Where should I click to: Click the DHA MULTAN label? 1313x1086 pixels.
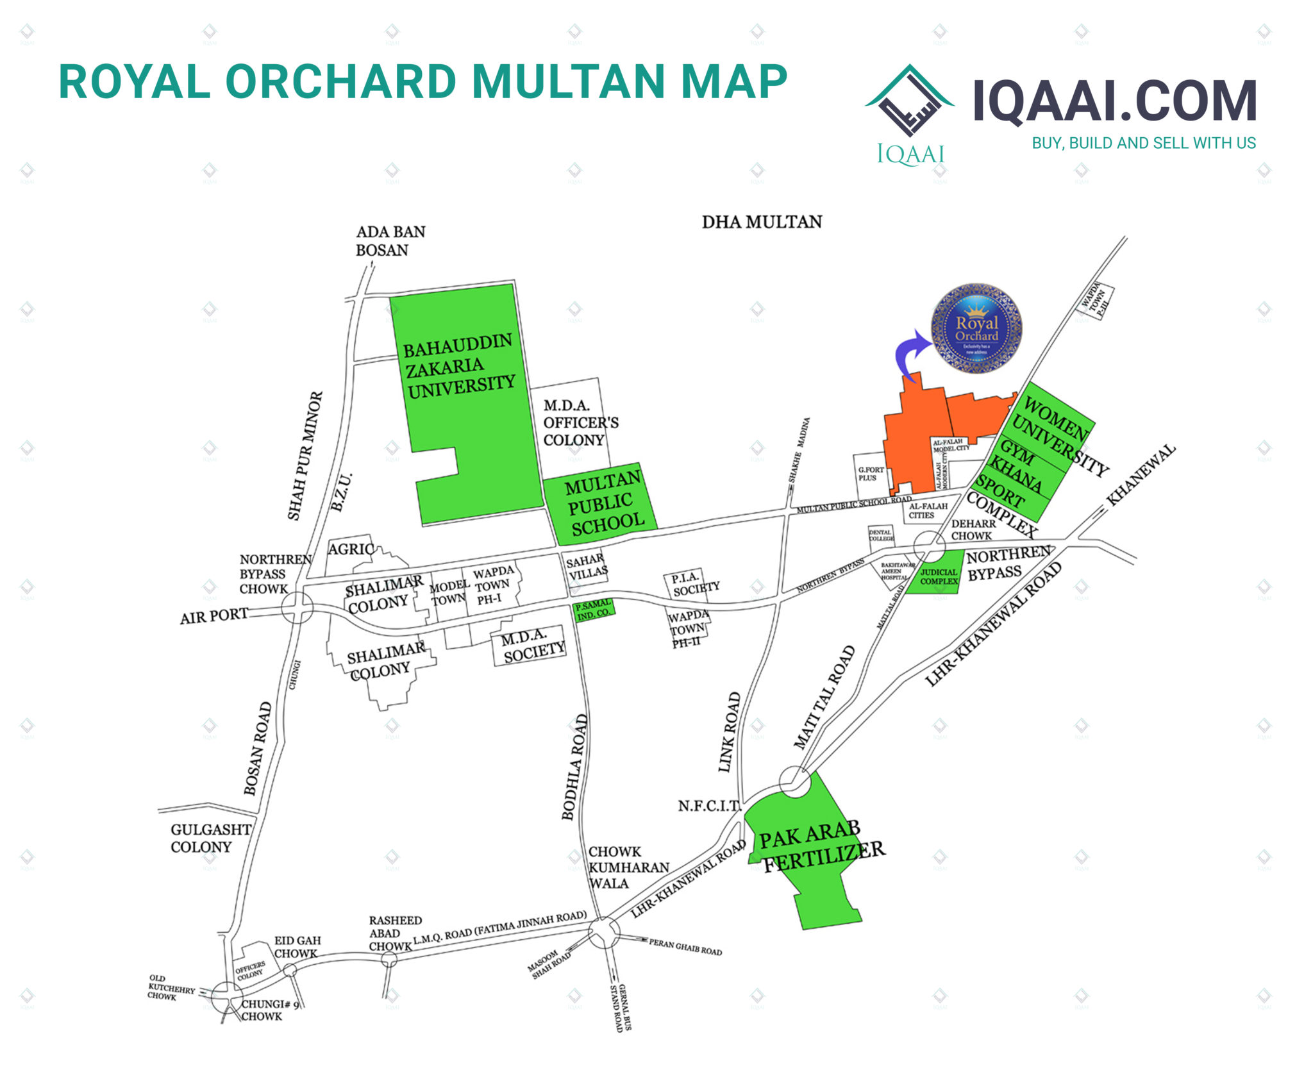coord(762,222)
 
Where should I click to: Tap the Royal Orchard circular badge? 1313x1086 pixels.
coord(976,328)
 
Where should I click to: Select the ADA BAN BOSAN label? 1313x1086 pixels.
coord(390,240)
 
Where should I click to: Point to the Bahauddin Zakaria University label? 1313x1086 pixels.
coord(459,366)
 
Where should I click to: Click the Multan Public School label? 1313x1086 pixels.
coord(603,503)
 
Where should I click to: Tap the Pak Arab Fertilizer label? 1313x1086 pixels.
coord(821,847)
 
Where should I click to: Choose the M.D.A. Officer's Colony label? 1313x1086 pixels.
coord(580,422)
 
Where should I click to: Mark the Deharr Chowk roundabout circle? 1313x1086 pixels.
coord(929,547)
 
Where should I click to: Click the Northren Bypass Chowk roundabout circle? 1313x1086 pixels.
coord(297,606)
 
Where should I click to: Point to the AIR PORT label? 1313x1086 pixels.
coord(213,616)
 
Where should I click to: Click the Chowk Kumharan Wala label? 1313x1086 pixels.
coord(627,867)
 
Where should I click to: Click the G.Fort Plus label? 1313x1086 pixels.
coord(870,474)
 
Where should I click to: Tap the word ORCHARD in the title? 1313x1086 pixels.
coord(340,82)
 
